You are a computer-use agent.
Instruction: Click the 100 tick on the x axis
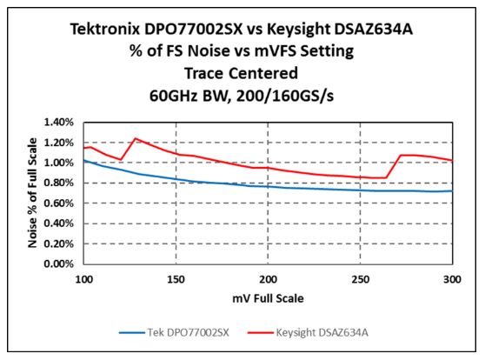(84, 279)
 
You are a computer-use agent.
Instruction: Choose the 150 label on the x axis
(176, 279)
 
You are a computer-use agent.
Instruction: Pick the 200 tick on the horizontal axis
(269, 279)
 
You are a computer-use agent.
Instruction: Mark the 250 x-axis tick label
(361, 279)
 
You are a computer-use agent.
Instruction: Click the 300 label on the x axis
(452, 279)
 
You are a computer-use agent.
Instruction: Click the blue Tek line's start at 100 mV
(85, 161)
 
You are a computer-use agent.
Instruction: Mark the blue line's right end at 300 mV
(452, 191)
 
